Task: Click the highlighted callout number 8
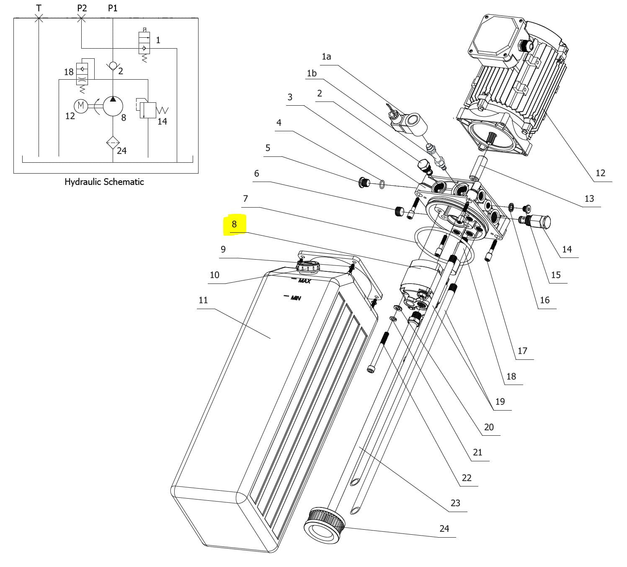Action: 234,224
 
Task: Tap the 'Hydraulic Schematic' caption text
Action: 104,182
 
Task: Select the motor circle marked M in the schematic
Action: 81,106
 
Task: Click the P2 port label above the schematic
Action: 82,8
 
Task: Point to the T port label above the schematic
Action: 39,8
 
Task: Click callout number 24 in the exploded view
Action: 444,528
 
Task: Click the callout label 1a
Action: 326,56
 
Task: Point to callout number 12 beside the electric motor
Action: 600,173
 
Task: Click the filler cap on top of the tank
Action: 308,266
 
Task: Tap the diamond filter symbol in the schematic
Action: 113,143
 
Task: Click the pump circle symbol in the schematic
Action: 113,106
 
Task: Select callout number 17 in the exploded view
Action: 522,351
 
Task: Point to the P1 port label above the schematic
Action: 113,8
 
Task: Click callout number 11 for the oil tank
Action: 203,300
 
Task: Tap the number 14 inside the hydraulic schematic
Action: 162,121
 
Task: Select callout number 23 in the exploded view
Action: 455,503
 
